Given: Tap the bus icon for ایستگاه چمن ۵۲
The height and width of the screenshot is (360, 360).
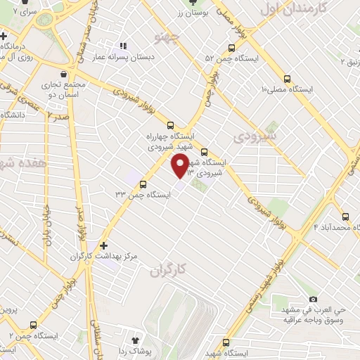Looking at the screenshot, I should click(x=231, y=48).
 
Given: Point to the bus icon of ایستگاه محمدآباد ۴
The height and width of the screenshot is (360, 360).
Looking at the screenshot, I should click(x=345, y=216).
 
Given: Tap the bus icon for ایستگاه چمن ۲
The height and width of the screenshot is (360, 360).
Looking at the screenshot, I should click(x=33, y=325).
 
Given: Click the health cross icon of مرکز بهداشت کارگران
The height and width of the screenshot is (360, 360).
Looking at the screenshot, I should click(x=104, y=245).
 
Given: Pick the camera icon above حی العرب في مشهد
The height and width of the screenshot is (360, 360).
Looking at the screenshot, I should click(x=313, y=300).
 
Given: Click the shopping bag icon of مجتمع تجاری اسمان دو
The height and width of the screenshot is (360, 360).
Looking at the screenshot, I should click(x=63, y=74).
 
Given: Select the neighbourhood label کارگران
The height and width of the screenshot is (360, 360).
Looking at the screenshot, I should click(x=170, y=269).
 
